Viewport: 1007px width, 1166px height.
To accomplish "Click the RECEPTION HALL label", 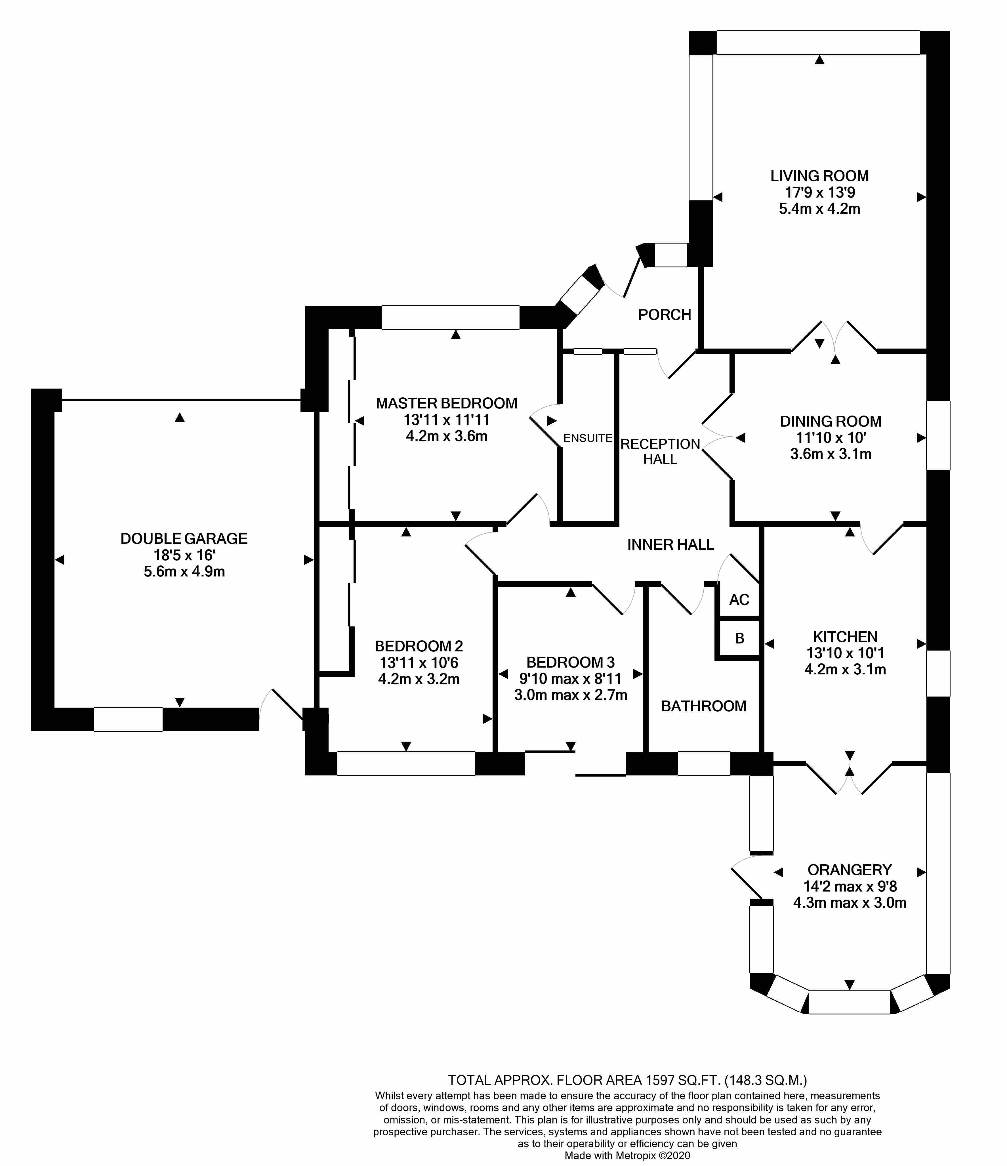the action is pos(660,452).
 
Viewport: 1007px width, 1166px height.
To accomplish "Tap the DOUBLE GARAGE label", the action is pos(184,538).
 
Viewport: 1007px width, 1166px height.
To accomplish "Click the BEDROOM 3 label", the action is pos(570,662).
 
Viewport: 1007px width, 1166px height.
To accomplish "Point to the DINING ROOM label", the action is pos(830,421).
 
